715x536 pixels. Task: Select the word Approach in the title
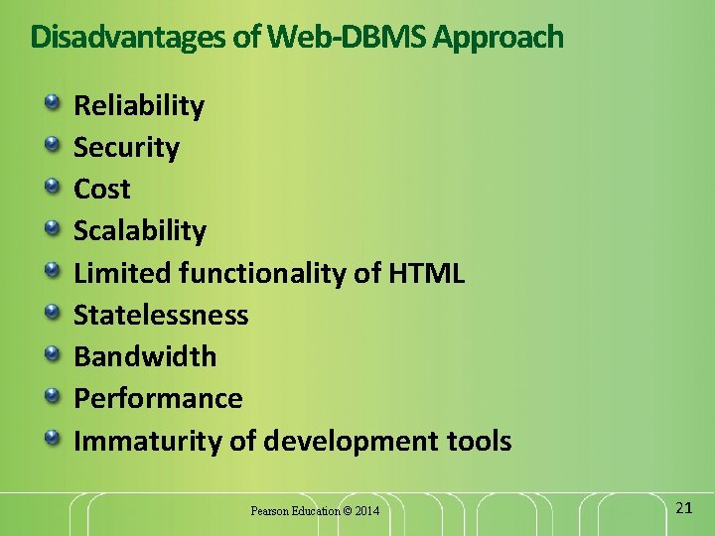(x=499, y=38)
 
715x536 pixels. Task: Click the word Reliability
(x=139, y=106)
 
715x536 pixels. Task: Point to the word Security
(x=126, y=148)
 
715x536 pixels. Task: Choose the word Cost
(x=101, y=189)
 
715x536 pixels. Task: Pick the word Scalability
(x=140, y=231)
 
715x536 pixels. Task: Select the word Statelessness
(x=161, y=315)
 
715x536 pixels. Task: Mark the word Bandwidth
(x=145, y=356)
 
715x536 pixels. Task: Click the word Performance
(x=158, y=398)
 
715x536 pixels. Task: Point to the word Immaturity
(x=148, y=441)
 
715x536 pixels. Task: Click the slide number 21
(x=683, y=507)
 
